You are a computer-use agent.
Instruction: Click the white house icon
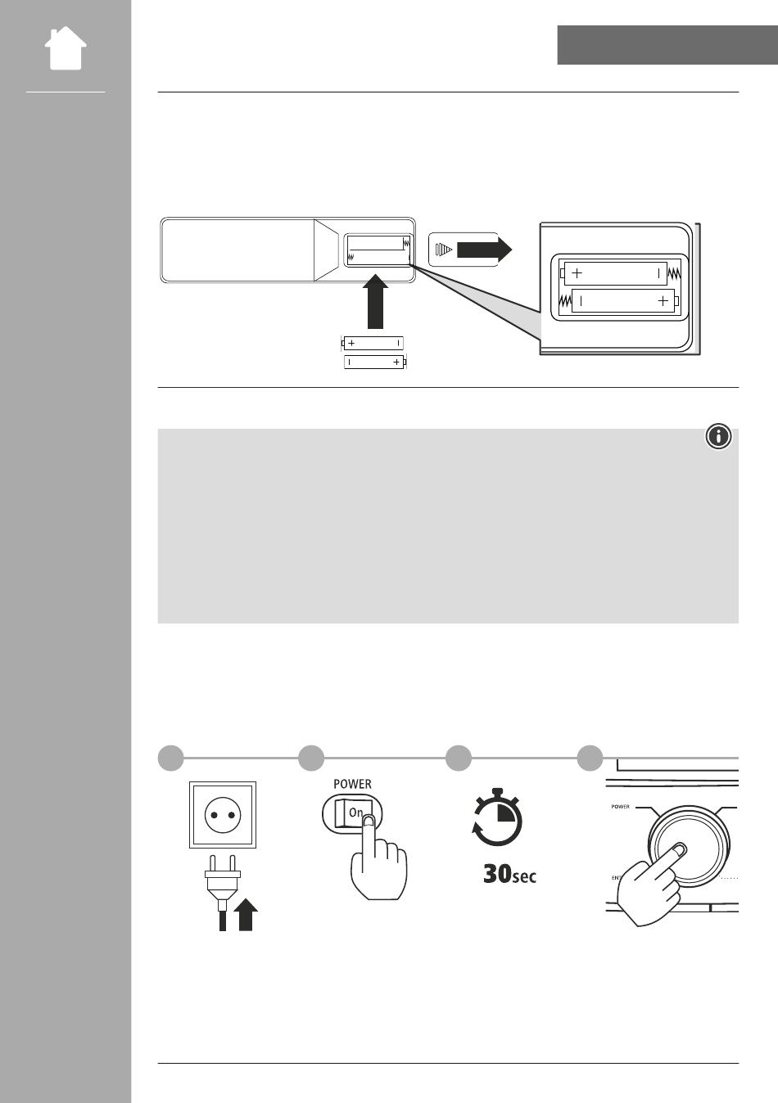click(x=66, y=48)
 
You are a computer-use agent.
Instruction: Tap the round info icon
click(x=718, y=436)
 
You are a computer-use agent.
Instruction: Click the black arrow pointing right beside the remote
click(x=484, y=250)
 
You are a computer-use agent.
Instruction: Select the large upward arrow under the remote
click(x=375, y=301)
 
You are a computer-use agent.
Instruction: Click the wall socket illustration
click(x=223, y=815)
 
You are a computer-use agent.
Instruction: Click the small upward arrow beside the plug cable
click(x=246, y=915)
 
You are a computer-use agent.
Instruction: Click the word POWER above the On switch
click(x=352, y=784)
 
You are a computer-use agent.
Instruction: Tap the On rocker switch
click(x=352, y=813)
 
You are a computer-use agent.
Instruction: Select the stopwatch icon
click(x=496, y=817)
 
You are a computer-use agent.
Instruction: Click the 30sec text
click(x=510, y=874)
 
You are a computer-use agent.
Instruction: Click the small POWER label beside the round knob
click(x=620, y=807)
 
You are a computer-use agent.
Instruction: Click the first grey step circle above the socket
click(x=170, y=758)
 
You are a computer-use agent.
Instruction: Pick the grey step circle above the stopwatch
click(x=459, y=758)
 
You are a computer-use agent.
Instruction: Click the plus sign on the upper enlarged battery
click(x=577, y=272)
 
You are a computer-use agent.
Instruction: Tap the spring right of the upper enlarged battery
click(x=674, y=273)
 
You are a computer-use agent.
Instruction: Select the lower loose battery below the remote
click(x=375, y=362)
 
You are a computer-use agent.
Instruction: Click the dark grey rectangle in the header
click(x=667, y=45)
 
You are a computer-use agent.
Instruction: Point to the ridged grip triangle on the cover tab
click(x=443, y=250)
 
